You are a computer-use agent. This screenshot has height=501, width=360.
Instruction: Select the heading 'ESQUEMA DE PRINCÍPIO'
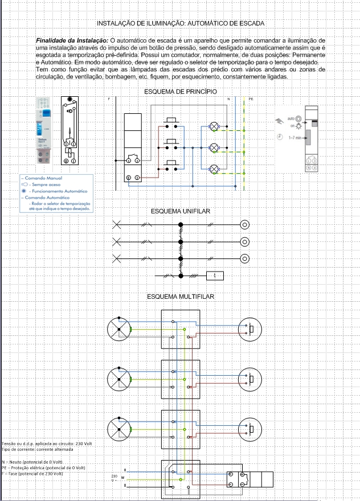point(180,91)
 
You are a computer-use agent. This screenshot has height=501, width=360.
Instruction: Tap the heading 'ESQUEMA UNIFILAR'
point(180,211)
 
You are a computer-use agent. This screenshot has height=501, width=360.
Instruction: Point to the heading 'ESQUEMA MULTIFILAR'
point(180,297)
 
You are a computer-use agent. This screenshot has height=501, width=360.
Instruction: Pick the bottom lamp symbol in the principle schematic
point(215,168)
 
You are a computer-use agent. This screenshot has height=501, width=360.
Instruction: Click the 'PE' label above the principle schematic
point(251,99)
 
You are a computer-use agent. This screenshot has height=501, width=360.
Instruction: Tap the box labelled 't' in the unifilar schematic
point(215,276)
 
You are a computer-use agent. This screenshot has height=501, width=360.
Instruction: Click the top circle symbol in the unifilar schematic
point(245,224)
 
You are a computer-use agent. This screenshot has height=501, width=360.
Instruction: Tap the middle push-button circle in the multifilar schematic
point(249,379)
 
